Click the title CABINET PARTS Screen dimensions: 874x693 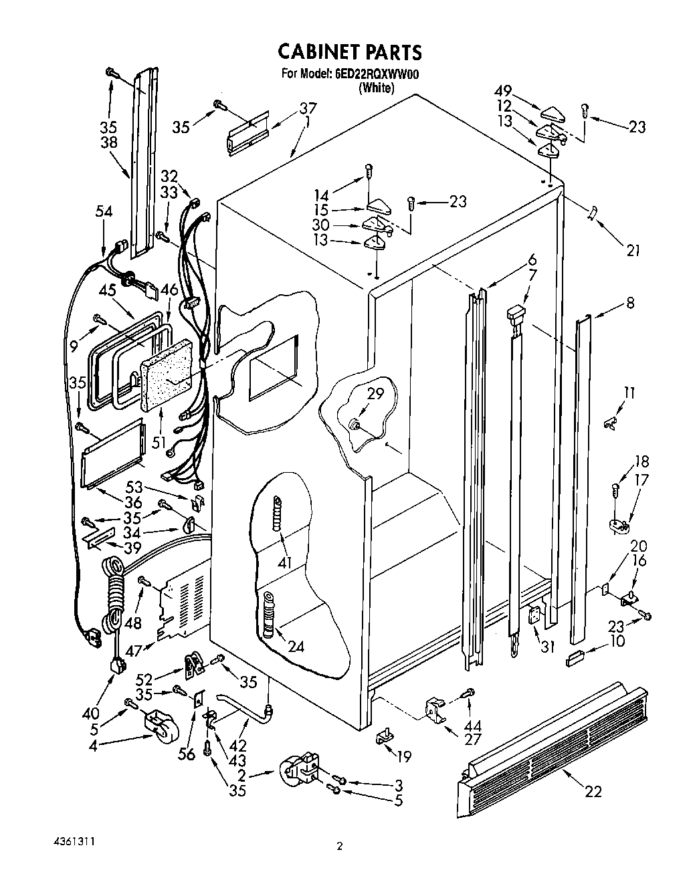tap(349, 51)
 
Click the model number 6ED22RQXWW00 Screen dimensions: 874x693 tap(377, 74)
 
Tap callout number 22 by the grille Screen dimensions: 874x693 tap(593, 791)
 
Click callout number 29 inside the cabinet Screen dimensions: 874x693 tap(375, 394)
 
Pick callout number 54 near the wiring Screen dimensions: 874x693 tap(103, 212)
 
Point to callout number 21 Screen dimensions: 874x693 tap(633, 251)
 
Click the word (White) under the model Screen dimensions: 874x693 tap(376, 88)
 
